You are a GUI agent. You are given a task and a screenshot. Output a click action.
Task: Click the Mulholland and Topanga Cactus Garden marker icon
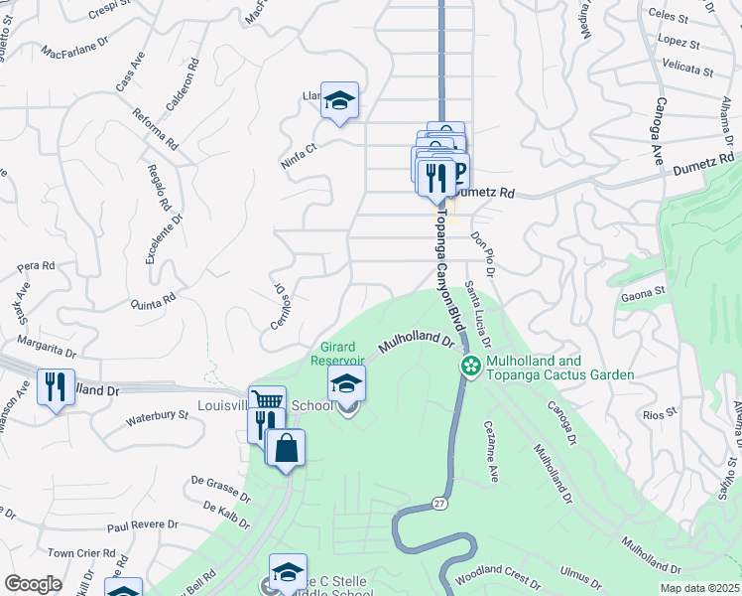471,367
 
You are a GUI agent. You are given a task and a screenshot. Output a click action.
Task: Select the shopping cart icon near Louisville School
267,401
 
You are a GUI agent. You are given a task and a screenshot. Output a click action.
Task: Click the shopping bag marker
286,448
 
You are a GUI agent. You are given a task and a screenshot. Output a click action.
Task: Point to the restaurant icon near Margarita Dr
56,385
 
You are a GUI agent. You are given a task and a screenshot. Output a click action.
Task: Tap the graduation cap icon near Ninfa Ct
339,100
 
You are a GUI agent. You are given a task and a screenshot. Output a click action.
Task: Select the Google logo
33,583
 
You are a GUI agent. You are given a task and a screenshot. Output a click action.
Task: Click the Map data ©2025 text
699,588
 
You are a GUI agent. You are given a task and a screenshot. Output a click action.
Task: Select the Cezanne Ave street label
491,450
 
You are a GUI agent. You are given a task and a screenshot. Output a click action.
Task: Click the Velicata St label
688,71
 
